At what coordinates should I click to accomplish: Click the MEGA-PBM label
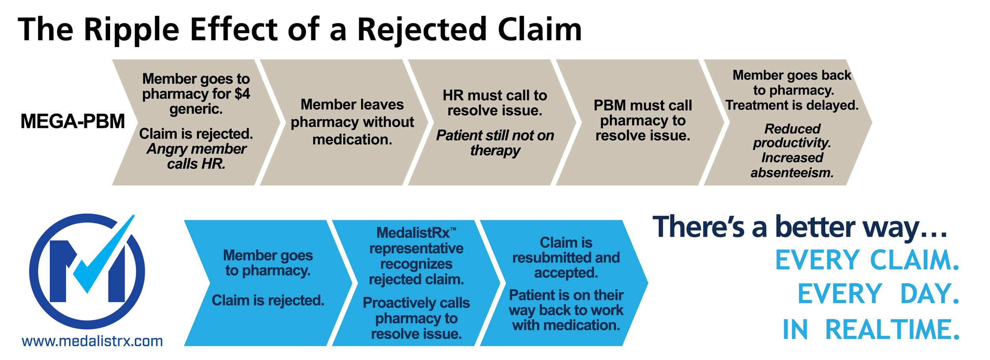point(72,121)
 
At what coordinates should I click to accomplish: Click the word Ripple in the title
point(131,30)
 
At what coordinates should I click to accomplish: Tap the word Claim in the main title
point(540,30)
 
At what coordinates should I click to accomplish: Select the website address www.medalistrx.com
point(92,341)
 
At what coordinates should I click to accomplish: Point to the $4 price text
point(242,94)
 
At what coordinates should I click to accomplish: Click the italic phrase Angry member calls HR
point(196,156)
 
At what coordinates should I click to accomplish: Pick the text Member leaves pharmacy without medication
point(352,122)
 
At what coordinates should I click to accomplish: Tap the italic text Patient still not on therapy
point(495,143)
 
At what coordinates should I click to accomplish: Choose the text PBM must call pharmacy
point(643,113)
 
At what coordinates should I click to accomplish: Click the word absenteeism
point(792,173)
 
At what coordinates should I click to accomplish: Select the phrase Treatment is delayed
point(792,105)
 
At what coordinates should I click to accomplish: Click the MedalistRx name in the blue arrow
point(413,233)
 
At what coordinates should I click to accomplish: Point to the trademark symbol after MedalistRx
point(453,229)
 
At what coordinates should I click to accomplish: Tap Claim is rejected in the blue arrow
point(268,300)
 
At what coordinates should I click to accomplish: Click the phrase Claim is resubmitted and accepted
point(566,257)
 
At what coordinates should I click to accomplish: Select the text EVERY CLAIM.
point(867,260)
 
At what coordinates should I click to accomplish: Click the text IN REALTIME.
point(871,330)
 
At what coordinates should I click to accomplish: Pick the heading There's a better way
point(800,227)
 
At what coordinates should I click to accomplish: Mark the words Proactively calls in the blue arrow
point(416,303)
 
